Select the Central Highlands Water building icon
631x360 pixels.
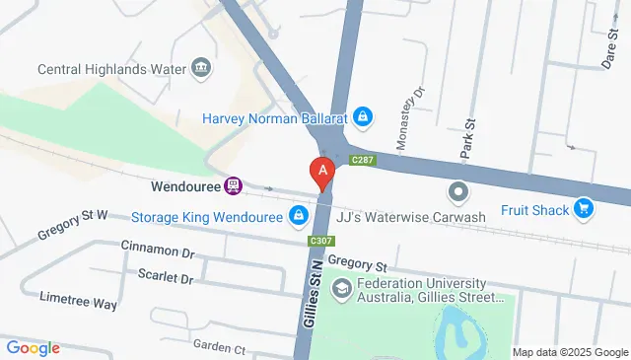(x=202, y=67)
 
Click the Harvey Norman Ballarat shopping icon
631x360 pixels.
(x=364, y=117)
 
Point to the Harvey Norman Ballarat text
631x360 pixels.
(x=276, y=117)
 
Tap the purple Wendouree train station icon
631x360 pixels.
(x=234, y=184)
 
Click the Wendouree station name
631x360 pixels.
(x=184, y=184)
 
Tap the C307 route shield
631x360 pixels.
(x=319, y=241)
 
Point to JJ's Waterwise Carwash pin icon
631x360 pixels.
(x=457, y=191)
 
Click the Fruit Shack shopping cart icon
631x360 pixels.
(x=585, y=208)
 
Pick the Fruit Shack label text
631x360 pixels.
(x=534, y=209)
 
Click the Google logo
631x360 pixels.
(x=32, y=348)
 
